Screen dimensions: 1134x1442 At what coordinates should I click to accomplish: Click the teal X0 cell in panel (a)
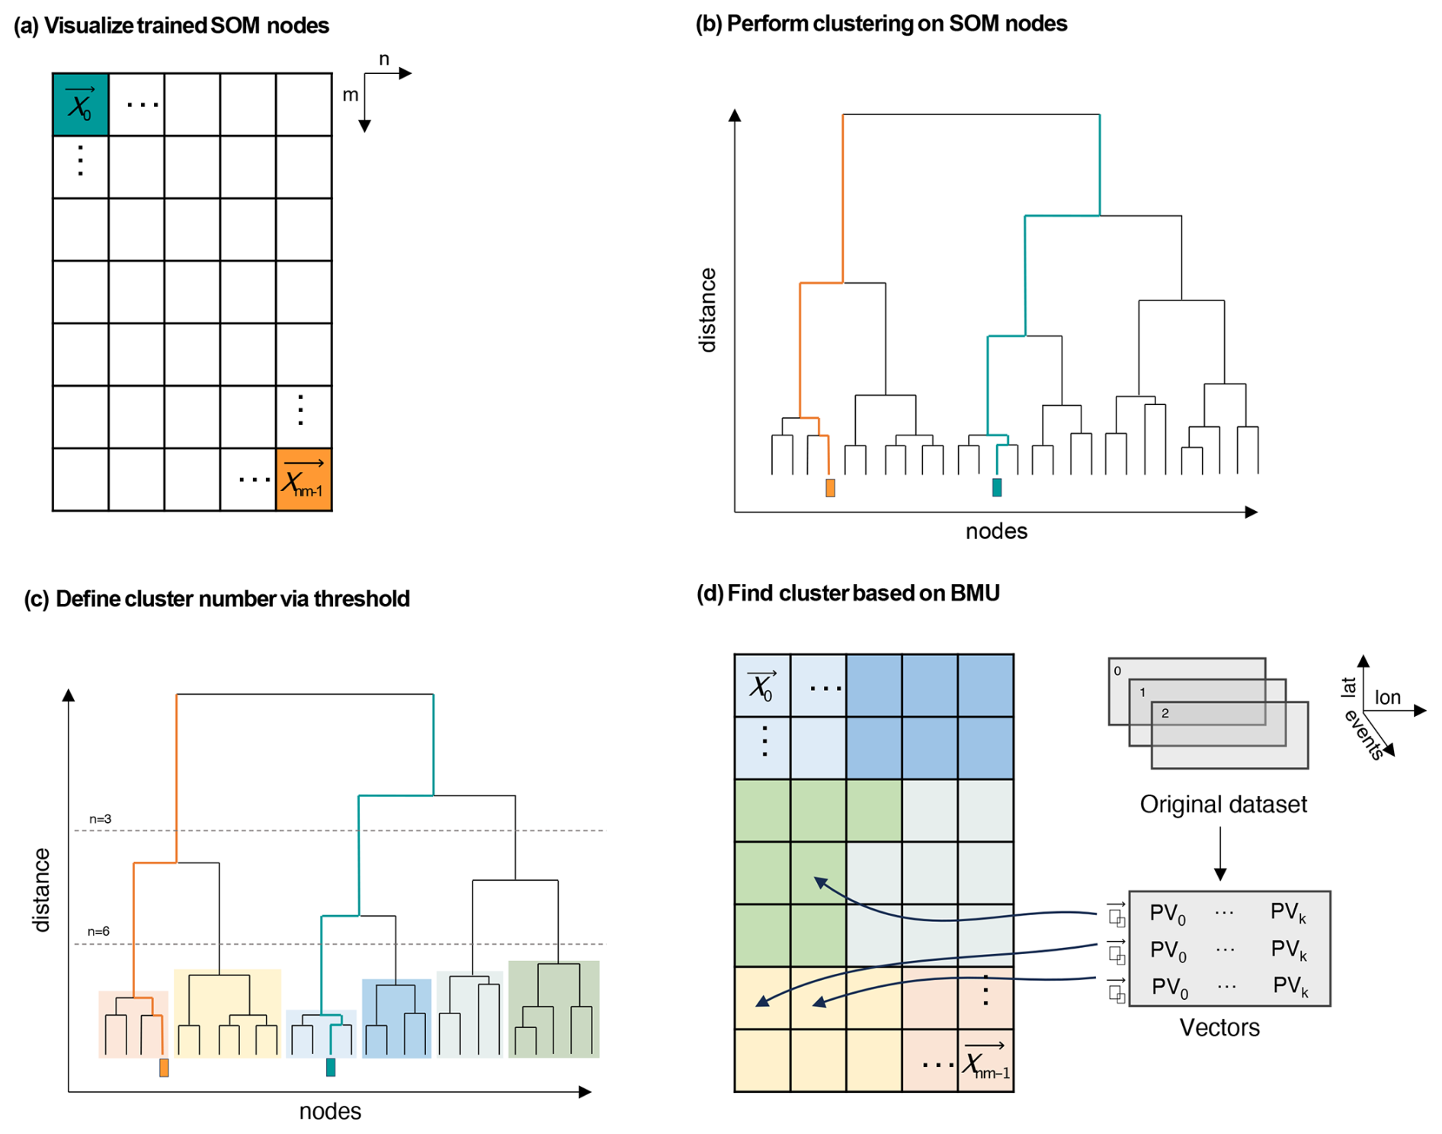click(x=80, y=104)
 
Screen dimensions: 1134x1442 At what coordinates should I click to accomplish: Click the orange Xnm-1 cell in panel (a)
click(x=303, y=480)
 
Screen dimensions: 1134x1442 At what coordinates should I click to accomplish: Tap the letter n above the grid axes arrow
click(x=384, y=59)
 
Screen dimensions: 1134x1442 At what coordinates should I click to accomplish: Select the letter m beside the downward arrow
click(x=350, y=95)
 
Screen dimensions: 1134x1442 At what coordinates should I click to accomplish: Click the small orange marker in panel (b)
click(x=830, y=488)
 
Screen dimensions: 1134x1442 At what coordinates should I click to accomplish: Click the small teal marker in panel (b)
click(x=996, y=487)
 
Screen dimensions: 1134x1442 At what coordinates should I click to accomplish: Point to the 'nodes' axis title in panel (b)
click(x=995, y=532)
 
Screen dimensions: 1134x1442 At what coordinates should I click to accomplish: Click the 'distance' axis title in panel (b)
click(x=708, y=310)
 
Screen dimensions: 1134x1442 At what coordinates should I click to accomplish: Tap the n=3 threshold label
click(x=100, y=819)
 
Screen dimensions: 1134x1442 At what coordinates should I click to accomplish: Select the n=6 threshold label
click(x=98, y=931)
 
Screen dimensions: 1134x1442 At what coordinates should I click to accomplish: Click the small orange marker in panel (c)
click(x=164, y=1068)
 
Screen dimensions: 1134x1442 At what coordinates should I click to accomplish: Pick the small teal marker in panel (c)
click(x=331, y=1067)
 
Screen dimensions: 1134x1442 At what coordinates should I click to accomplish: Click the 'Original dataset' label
click(x=1222, y=805)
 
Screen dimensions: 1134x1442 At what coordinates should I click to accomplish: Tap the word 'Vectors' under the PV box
click(x=1219, y=1028)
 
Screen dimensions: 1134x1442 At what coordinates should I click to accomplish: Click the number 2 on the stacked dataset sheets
click(x=1165, y=714)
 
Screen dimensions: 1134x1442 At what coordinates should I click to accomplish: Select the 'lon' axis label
click(x=1387, y=698)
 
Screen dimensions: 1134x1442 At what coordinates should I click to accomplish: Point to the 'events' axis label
click(x=1363, y=735)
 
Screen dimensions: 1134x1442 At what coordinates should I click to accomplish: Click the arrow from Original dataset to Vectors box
click(x=1220, y=853)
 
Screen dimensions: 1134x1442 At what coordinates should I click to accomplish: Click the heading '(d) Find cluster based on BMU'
click(x=848, y=593)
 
